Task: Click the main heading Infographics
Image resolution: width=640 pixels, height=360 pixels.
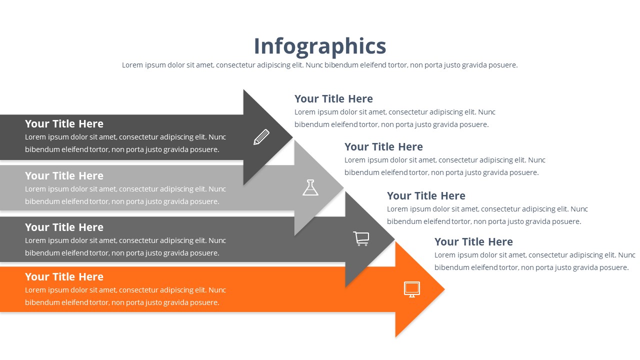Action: (320, 46)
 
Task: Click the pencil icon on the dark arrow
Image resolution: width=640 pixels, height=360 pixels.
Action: (261, 137)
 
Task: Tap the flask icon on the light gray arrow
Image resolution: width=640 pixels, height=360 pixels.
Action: (310, 187)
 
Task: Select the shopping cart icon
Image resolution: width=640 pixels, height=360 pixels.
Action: (361, 238)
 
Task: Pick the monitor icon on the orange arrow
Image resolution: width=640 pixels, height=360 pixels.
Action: (412, 289)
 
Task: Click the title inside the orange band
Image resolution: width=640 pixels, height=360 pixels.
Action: (64, 277)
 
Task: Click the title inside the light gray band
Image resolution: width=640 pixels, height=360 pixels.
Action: (64, 176)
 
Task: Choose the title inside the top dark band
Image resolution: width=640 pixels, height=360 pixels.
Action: (64, 124)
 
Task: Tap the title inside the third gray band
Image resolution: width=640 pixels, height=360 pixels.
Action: (64, 227)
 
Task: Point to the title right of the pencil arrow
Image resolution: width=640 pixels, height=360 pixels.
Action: (333, 99)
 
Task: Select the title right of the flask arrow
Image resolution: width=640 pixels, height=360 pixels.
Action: (383, 147)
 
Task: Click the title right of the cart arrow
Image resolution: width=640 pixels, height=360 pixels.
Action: (426, 196)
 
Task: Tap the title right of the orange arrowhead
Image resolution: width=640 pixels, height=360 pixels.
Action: (473, 242)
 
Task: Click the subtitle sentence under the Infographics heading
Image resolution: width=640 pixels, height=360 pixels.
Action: (320, 65)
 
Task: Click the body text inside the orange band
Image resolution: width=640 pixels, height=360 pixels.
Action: (125, 296)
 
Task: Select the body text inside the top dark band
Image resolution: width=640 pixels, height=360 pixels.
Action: (125, 143)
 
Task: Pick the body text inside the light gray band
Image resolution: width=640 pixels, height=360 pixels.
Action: (125, 195)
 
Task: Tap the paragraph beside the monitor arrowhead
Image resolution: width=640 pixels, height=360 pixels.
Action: (532, 261)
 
